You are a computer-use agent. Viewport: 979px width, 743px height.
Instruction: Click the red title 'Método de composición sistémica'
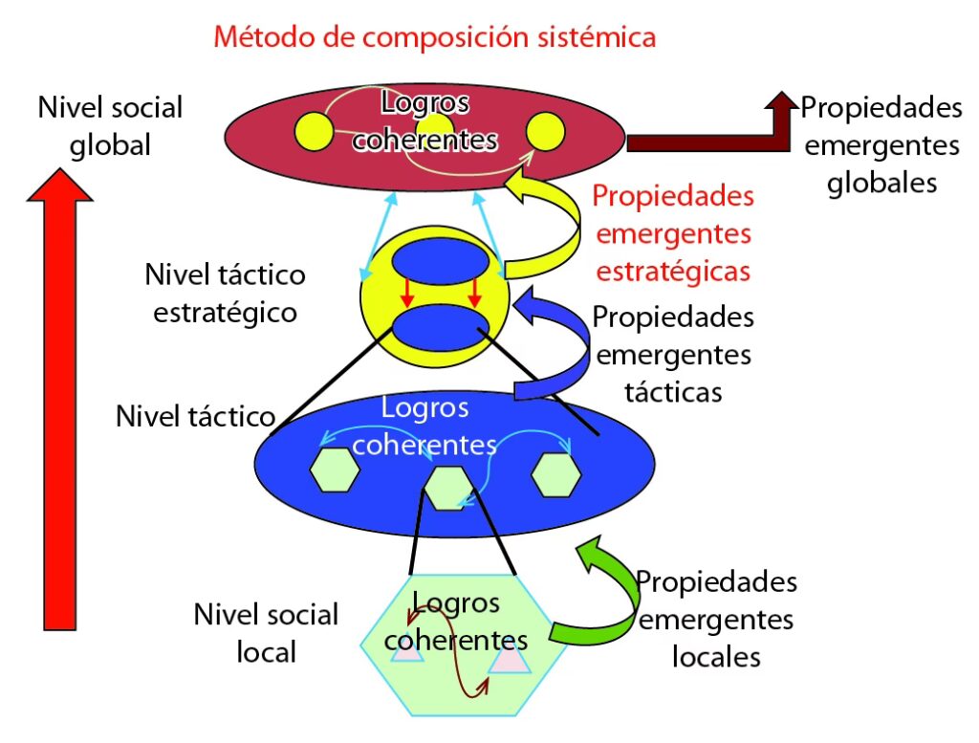point(435,37)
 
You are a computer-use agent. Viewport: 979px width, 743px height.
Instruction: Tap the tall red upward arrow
point(59,402)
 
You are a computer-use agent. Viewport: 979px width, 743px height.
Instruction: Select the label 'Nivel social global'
point(109,125)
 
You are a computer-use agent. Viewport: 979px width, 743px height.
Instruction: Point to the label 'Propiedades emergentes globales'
point(881,144)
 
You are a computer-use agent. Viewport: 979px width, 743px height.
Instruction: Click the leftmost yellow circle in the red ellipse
point(314,129)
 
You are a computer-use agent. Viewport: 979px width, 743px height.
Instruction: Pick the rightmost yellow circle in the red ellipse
point(547,131)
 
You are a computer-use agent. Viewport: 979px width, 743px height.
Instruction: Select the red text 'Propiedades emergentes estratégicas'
point(673,234)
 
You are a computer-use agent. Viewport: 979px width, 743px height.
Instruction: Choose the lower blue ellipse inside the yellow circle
point(440,326)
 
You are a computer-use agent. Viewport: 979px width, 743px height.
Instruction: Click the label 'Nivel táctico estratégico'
point(226,294)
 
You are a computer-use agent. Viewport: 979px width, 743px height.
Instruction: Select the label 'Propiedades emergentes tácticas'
point(673,355)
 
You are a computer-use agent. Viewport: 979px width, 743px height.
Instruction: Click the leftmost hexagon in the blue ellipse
point(334,470)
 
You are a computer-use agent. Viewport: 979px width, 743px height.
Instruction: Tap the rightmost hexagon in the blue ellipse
point(555,473)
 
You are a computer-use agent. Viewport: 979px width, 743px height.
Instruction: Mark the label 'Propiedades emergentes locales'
point(716,619)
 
